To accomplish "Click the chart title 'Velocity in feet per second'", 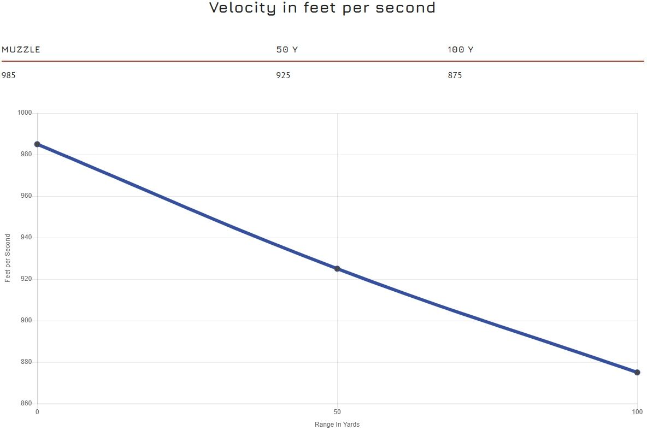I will (x=322, y=8).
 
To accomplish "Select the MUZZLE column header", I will (x=21, y=50).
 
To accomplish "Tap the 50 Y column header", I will (x=287, y=50).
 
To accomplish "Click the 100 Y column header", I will (x=460, y=50).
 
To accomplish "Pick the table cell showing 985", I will (x=9, y=75).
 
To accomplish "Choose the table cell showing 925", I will (x=283, y=75).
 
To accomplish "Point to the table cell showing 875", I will (x=455, y=75).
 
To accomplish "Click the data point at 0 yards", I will (x=37, y=144).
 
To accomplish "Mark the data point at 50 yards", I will (x=337, y=269).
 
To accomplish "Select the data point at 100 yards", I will (x=637, y=373).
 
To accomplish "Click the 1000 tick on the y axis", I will (x=26, y=113).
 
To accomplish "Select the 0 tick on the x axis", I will (x=37, y=411).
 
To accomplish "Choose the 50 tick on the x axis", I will (x=337, y=411).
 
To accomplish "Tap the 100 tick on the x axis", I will (x=637, y=411).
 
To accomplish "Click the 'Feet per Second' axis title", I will (x=8, y=258).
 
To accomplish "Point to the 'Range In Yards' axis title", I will (x=337, y=425).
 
